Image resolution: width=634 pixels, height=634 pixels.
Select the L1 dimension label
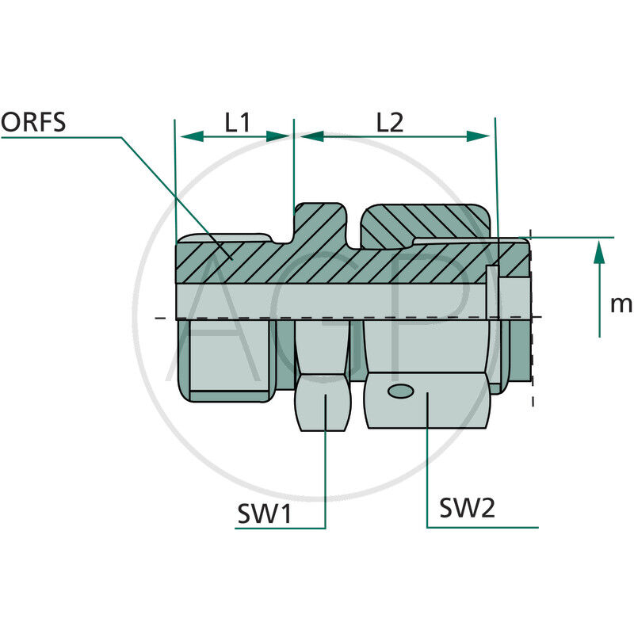[x=237, y=122]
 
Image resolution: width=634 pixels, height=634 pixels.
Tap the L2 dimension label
[x=390, y=122]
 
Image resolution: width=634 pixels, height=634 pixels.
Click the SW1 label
[x=265, y=514]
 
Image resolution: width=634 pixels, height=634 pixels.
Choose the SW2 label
[x=468, y=508]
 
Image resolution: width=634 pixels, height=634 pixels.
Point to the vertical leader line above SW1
[x=326, y=475]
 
